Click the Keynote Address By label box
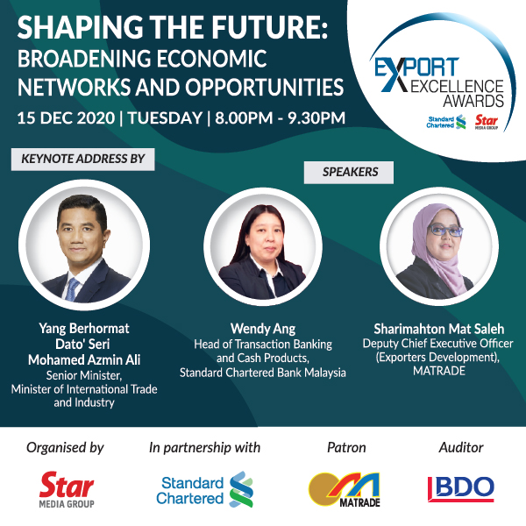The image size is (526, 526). pyautogui.click(x=83, y=159)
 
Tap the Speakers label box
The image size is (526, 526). pyautogui.click(x=349, y=173)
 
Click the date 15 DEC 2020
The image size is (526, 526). pyautogui.click(x=66, y=118)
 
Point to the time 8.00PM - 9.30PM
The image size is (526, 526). pyautogui.click(x=281, y=118)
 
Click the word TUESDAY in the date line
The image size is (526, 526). pyautogui.click(x=165, y=118)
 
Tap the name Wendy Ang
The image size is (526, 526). pyautogui.click(x=263, y=329)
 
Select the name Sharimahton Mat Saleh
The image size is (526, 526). pyautogui.click(x=439, y=329)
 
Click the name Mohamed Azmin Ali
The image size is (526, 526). pyautogui.click(x=84, y=360)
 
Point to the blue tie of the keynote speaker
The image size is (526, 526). pyautogui.click(x=72, y=289)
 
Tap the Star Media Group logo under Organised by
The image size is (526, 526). pyautogui.click(x=67, y=489)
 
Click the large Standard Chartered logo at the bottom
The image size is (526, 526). pyautogui.click(x=204, y=489)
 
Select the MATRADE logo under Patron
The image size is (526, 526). pyautogui.click(x=345, y=489)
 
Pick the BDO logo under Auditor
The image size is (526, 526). pyautogui.click(x=461, y=489)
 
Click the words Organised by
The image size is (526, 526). pyautogui.click(x=66, y=448)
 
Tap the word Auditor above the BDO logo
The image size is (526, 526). pyautogui.click(x=461, y=447)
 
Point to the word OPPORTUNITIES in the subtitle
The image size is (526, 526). pyautogui.click(x=265, y=87)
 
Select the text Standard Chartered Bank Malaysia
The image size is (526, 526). pyautogui.click(x=263, y=373)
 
